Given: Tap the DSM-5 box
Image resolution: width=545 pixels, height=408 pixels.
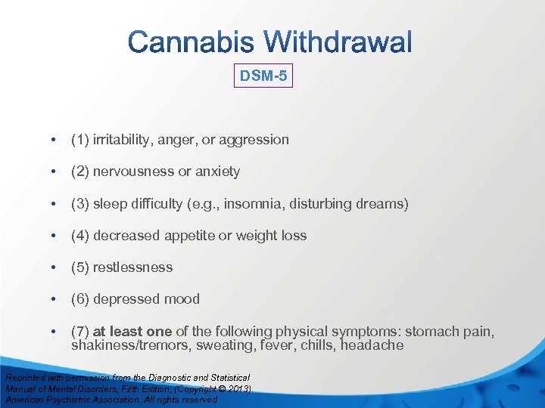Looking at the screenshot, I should (263, 76).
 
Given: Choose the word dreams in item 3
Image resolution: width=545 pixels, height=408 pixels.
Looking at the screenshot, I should (384, 204).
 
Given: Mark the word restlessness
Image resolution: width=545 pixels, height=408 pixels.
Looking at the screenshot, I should (132, 267).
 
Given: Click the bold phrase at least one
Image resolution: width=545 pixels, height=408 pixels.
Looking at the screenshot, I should (132, 332).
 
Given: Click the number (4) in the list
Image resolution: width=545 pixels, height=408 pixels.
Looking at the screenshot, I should (79, 236).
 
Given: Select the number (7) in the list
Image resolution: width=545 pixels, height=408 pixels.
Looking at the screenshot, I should (79, 332).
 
